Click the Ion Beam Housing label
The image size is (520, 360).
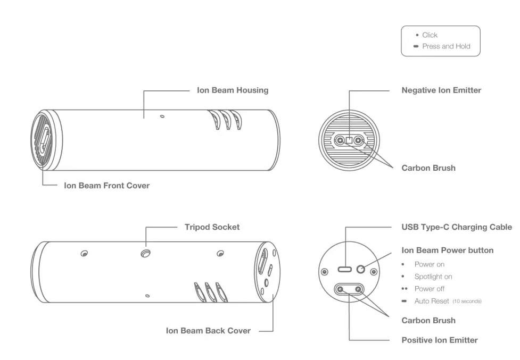point(233,90)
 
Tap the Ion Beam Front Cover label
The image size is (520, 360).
point(106,186)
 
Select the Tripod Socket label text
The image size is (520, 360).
point(212,227)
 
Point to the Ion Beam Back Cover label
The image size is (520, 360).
point(208,330)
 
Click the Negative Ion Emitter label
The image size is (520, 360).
point(441,90)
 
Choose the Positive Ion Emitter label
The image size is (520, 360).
point(439,340)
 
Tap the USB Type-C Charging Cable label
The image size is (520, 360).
point(456,227)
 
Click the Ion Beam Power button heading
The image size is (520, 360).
point(447,250)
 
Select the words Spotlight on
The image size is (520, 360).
point(433,277)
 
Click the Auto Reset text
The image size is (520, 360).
point(432,301)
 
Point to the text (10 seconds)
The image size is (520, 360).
point(467,302)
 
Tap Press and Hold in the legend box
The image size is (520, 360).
point(446,46)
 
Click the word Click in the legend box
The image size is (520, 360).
point(430,35)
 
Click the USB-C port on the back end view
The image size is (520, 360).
point(345,269)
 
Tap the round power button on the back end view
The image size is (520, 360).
point(361,269)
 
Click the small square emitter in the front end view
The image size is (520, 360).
point(349,140)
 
